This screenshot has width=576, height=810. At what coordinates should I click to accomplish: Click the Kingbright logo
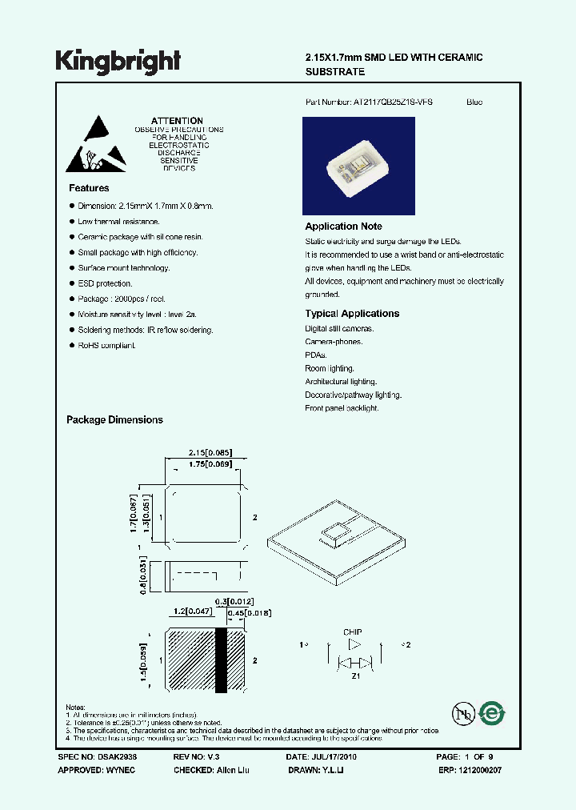[x=118, y=62]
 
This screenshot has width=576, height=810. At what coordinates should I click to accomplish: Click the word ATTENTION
[x=177, y=121]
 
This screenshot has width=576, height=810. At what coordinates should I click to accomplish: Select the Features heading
[x=89, y=188]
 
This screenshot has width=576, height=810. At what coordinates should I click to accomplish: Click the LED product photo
[x=358, y=165]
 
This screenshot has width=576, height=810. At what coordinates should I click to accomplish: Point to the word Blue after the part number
[x=474, y=102]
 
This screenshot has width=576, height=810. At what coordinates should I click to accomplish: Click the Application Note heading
[x=343, y=227]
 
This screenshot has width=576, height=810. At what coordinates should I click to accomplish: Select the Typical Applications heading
[x=352, y=314]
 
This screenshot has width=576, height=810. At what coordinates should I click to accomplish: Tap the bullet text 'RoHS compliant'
[x=106, y=345]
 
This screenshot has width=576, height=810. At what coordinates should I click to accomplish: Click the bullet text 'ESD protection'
[x=105, y=283]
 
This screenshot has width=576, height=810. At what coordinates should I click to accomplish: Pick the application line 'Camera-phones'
[x=334, y=342]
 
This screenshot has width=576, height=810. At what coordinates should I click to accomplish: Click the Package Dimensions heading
[x=114, y=419]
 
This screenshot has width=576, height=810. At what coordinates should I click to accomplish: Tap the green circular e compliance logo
[x=491, y=714]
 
